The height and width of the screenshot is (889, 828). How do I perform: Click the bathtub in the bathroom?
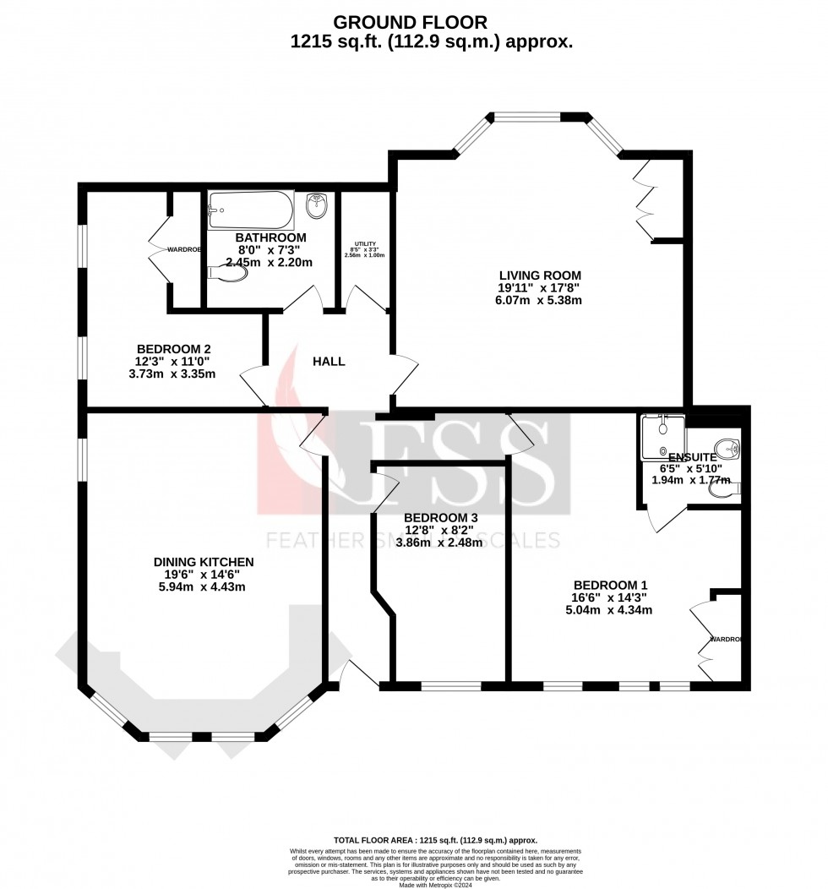point(251,206)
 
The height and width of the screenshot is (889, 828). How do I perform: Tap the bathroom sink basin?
point(317,205)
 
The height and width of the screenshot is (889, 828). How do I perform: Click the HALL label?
point(329,362)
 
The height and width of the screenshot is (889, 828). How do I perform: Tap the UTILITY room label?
point(364,244)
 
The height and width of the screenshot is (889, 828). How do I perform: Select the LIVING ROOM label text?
point(540,275)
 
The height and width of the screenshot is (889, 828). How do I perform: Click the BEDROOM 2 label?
point(173,348)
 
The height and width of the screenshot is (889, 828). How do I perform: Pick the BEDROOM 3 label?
point(440,518)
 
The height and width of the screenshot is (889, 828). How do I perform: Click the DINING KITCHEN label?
point(204,561)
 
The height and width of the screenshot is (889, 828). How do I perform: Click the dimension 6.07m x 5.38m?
point(540,300)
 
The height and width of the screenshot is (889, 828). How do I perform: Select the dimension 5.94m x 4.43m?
point(204,586)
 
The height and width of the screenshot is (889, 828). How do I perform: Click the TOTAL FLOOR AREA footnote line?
point(435,840)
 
